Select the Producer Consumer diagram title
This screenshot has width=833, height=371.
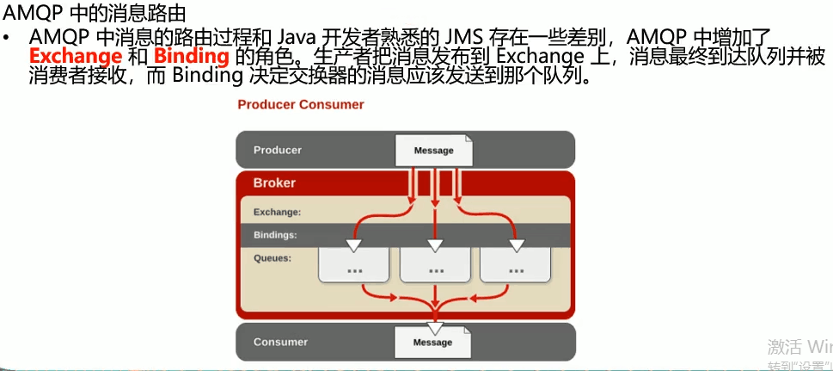301,105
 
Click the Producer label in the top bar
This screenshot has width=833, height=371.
278,150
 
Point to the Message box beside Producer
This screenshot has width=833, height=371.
433,151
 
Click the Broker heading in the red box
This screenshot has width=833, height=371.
274,183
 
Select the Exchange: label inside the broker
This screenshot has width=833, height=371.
277,212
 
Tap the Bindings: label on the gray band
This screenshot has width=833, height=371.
275,235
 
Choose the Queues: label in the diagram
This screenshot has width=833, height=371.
273,257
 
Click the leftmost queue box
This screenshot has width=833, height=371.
354,265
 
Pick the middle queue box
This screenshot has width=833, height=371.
434,265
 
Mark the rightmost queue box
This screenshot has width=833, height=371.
516,265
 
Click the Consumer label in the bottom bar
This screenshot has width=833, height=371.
280,342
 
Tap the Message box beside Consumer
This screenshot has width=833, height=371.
432,343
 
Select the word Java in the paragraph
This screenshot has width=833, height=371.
297,37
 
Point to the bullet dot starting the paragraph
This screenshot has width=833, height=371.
8,39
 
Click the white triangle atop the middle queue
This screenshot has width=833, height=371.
435,245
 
